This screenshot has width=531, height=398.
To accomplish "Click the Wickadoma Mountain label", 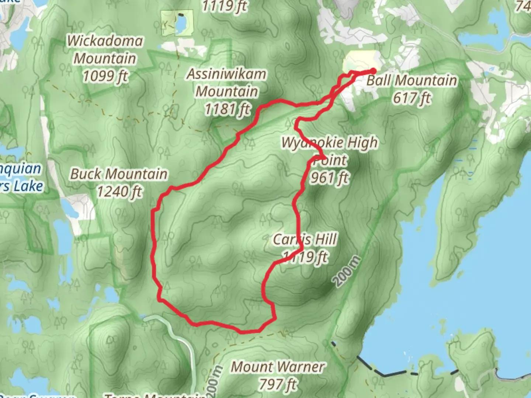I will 105,50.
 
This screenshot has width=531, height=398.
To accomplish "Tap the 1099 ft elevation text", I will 105,76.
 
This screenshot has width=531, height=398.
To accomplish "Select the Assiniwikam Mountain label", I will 226,83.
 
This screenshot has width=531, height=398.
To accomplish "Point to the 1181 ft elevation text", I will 228,109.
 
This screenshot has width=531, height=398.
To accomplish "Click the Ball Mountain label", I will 412,80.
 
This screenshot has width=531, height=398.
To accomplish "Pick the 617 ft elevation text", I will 412,98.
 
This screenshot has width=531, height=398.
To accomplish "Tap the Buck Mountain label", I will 119,174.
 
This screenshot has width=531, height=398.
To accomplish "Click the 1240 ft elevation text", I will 119,192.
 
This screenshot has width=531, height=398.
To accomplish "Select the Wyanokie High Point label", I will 330,151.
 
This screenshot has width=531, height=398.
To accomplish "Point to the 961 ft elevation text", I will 329,178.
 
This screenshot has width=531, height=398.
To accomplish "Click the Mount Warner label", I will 277,367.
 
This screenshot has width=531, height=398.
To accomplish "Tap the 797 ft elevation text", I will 277,384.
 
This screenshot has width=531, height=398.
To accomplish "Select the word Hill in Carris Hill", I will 326,239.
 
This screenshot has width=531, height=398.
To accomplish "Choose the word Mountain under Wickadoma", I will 105,59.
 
